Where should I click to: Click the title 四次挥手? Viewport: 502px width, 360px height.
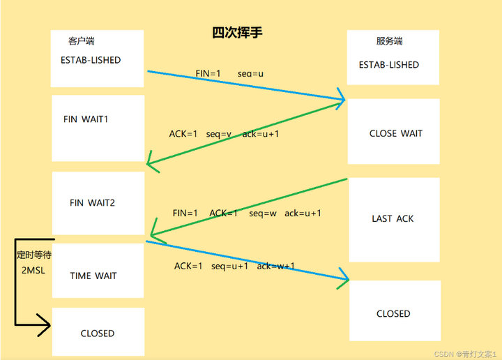pyautogui.click(x=237, y=33)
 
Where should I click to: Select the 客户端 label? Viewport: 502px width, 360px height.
pyautogui.click(x=82, y=41)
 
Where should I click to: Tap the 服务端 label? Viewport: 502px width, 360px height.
pyautogui.click(x=390, y=41)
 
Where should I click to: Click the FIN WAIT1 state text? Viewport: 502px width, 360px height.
pyautogui.click(x=86, y=119)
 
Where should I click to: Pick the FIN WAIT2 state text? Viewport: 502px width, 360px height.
pyautogui.click(x=92, y=203)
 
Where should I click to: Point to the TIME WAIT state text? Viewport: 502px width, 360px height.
pyautogui.click(x=93, y=276)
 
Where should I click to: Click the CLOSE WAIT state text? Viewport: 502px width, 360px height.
pyautogui.click(x=395, y=133)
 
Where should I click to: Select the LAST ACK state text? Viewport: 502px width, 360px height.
pyautogui.click(x=393, y=218)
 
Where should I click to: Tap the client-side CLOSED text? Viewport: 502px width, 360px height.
pyautogui.click(x=97, y=333)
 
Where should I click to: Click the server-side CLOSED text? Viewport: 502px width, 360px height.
pyautogui.click(x=393, y=314)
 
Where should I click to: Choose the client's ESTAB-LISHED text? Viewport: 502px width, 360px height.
pyautogui.click(x=90, y=60)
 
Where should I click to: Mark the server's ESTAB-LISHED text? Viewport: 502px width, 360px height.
pyautogui.click(x=388, y=65)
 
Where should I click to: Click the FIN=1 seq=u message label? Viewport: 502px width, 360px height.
pyautogui.click(x=229, y=73)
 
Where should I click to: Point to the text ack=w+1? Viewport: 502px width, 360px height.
pyautogui.click(x=275, y=266)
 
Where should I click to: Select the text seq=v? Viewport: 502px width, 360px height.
pyautogui.click(x=219, y=134)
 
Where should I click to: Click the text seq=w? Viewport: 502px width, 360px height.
pyautogui.click(x=262, y=213)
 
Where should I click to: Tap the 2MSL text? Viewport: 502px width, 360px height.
pyautogui.click(x=33, y=270)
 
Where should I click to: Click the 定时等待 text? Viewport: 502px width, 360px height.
pyautogui.click(x=33, y=255)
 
